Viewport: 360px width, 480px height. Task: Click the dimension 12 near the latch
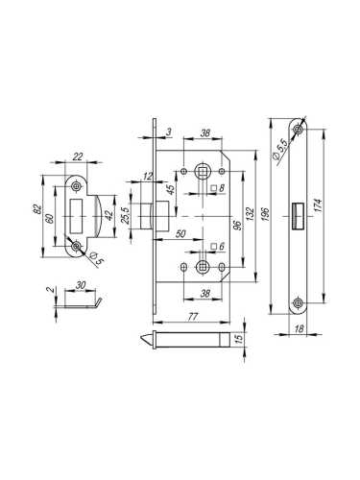point(147,177)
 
